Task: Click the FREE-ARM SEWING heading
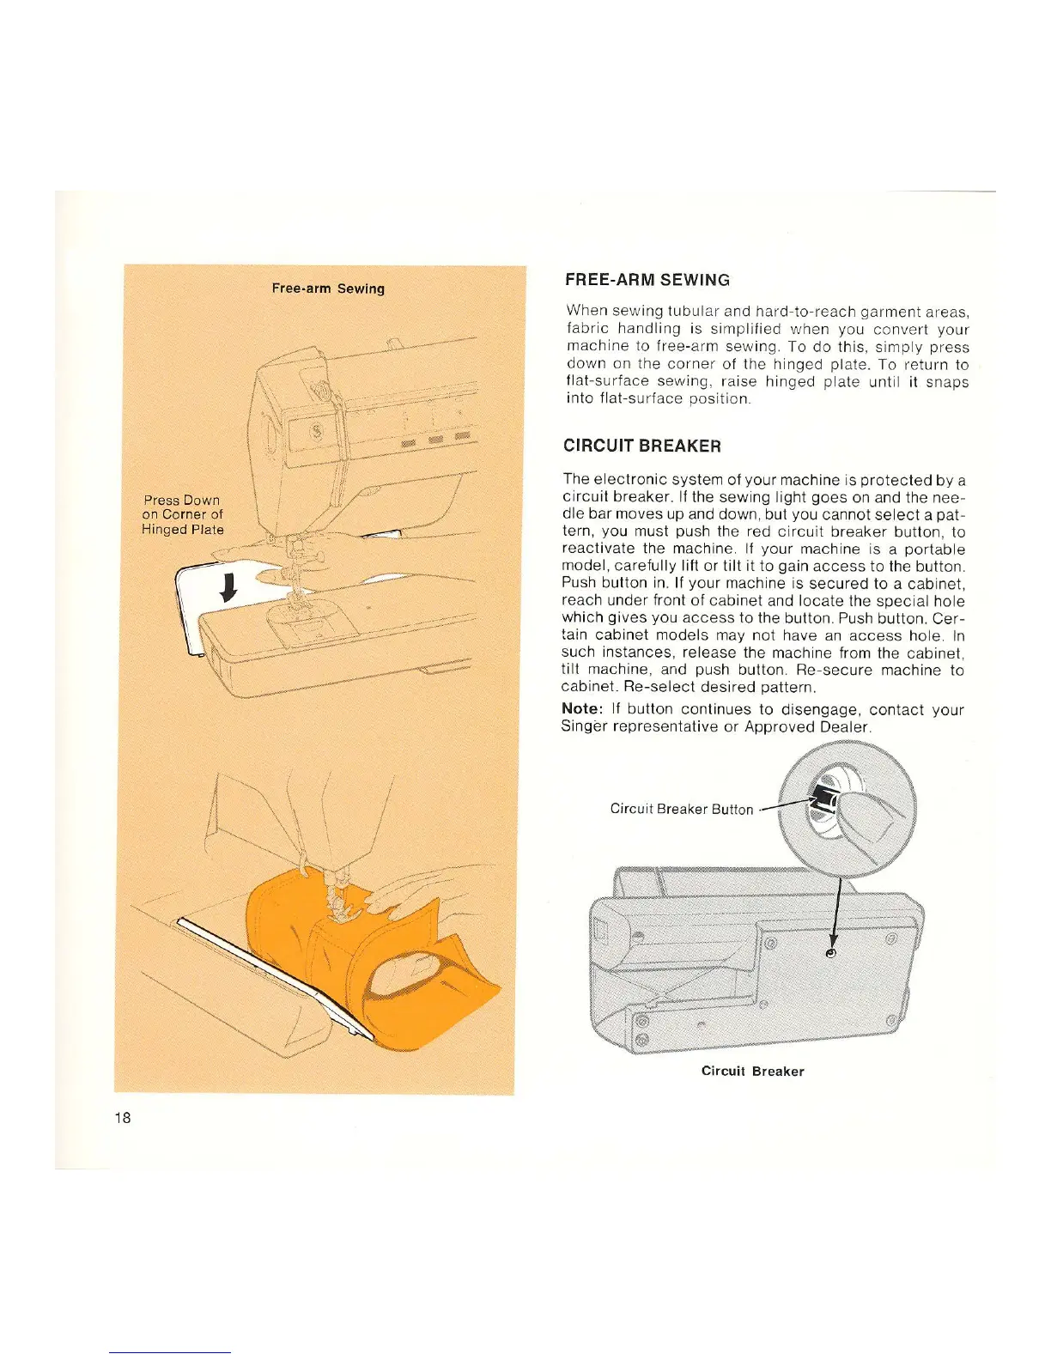[x=647, y=280]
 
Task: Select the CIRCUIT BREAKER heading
[x=642, y=446]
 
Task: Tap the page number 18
[x=123, y=1117]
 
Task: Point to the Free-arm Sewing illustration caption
[x=328, y=288]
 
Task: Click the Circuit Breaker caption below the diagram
[x=752, y=1072]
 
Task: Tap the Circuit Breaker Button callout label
[x=681, y=809]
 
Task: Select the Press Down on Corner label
[x=182, y=514]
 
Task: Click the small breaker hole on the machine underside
[x=830, y=954]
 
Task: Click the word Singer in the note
[x=584, y=726]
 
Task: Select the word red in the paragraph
[x=759, y=531]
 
